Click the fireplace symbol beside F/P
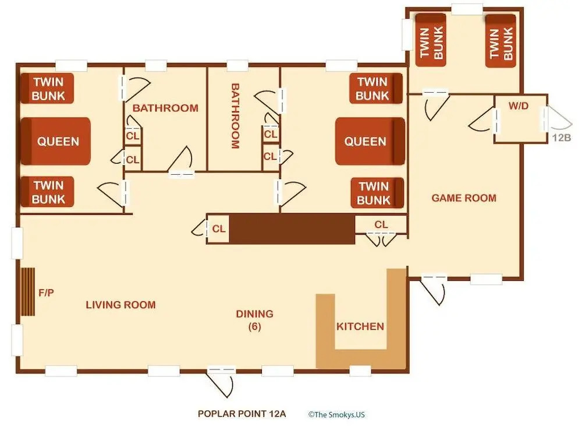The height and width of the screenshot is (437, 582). (27, 292)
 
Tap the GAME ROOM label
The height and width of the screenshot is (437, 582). (464, 198)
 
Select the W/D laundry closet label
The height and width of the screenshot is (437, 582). (519, 106)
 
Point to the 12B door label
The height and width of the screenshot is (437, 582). (561, 138)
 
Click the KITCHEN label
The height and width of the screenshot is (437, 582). (360, 326)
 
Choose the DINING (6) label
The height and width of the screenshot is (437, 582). (255, 320)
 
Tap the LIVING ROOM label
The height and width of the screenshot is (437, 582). (120, 305)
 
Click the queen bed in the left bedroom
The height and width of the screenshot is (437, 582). (56, 141)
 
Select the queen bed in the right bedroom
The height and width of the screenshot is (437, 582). (370, 141)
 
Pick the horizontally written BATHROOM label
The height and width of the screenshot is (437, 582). (165, 108)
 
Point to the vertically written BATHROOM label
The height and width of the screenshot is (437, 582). (235, 116)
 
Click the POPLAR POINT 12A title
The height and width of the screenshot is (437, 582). (242, 414)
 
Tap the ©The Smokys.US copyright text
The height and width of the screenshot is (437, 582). (336, 415)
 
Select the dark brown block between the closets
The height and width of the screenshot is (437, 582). (292, 229)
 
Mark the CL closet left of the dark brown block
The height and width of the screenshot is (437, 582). (219, 228)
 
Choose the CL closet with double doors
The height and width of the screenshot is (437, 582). (381, 224)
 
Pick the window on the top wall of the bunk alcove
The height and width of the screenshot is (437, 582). (467, 10)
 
